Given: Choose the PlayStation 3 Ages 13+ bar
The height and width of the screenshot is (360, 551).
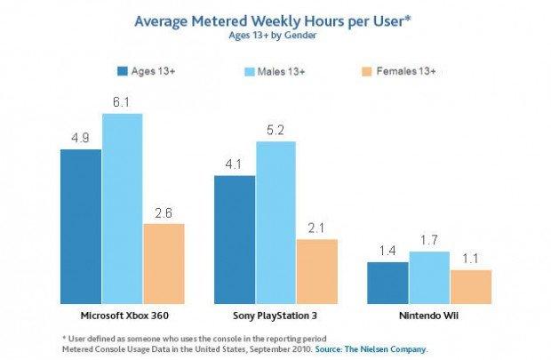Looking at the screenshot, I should pos(235,238).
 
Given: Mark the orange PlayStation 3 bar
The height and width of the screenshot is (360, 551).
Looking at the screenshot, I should pos(317,270).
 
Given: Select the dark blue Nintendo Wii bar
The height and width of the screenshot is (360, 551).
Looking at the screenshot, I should pos(387,282).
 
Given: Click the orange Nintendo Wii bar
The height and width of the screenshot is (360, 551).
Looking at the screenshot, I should pos(470,286).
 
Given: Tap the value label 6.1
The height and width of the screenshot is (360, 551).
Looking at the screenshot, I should pos(122,103).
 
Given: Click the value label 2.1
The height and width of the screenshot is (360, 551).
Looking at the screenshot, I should pos(317,229).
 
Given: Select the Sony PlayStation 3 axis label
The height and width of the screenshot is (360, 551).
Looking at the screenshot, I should pos(275,316).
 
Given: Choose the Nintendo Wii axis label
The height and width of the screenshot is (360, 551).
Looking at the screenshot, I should pos(429,316).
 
